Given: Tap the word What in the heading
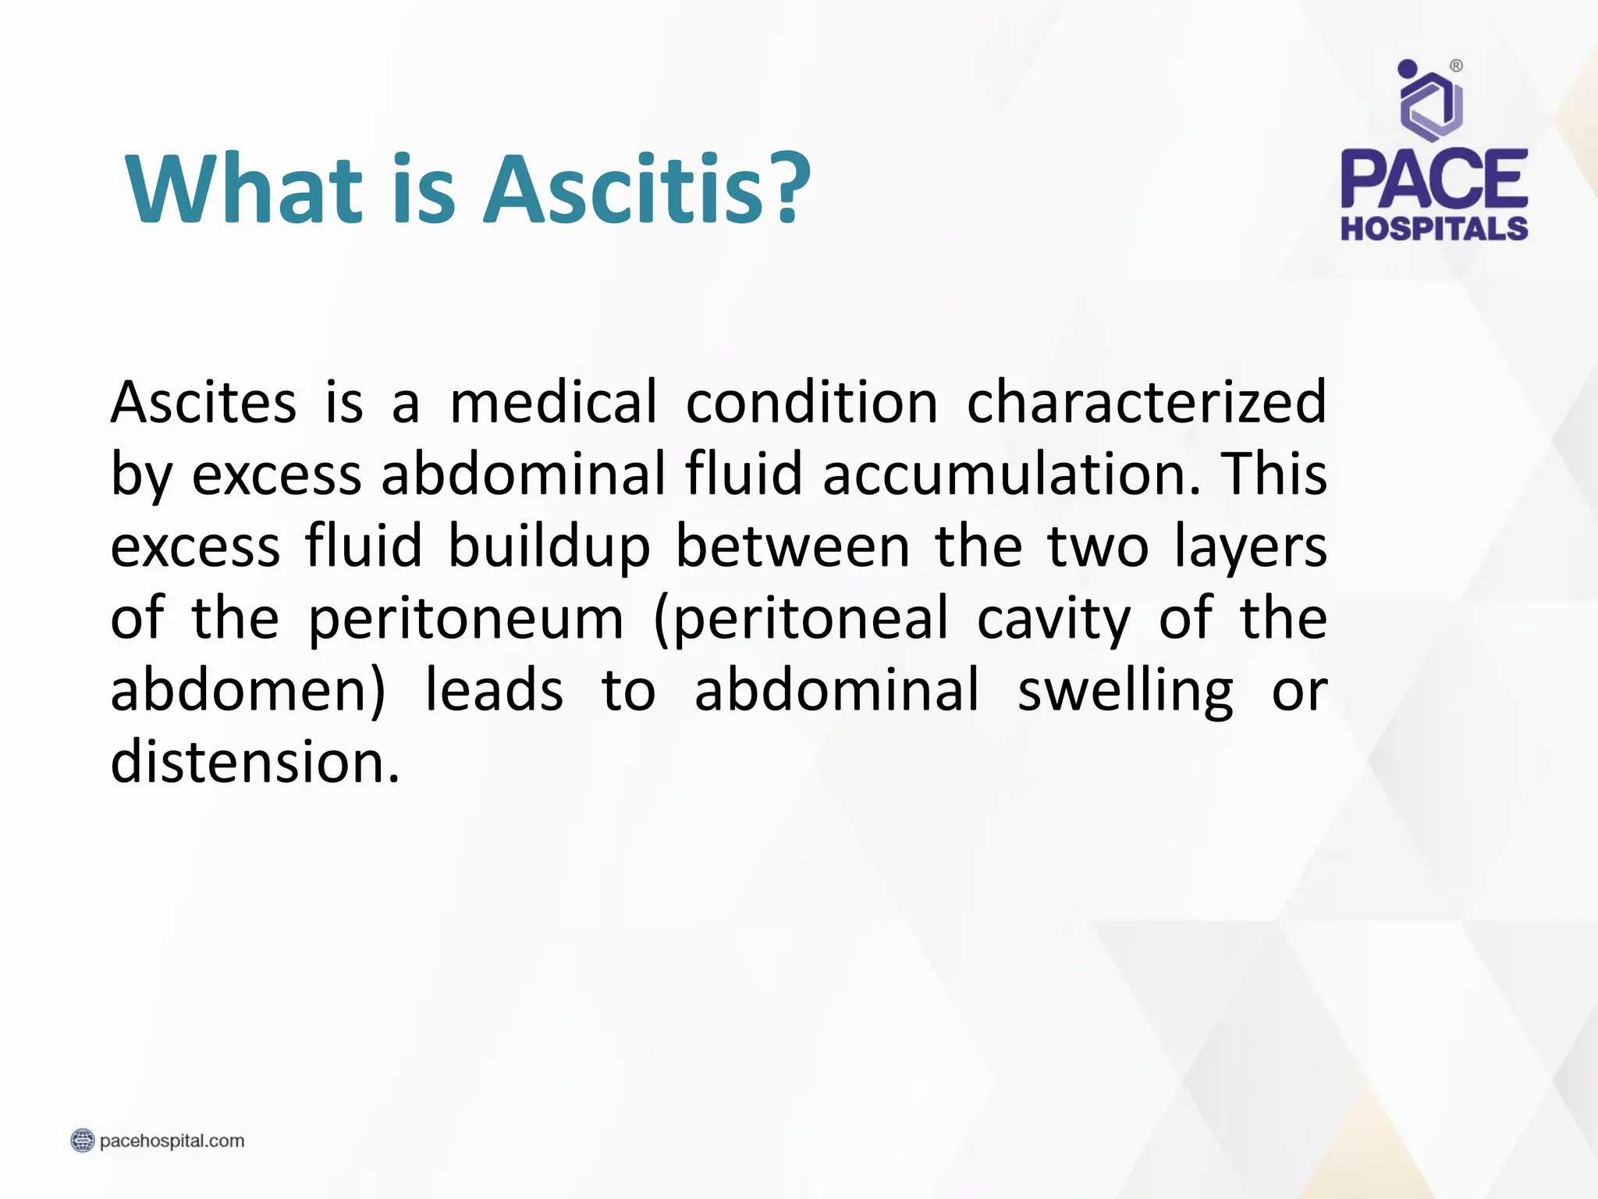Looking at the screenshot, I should (x=243, y=190).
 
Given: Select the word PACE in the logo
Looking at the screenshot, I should (x=1434, y=180).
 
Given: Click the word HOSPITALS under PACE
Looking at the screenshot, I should (x=1434, y=229).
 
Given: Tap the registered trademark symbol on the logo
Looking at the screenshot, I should (x=1456, y=66).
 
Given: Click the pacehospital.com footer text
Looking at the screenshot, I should (x=172, y=1141).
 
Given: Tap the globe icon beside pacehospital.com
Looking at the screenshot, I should (x=82, y=1141).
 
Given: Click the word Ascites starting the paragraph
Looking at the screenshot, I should (x=203, y=403).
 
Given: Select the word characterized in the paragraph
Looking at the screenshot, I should (x=1146, y=403).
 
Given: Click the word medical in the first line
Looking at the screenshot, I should (x=554, y=403).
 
